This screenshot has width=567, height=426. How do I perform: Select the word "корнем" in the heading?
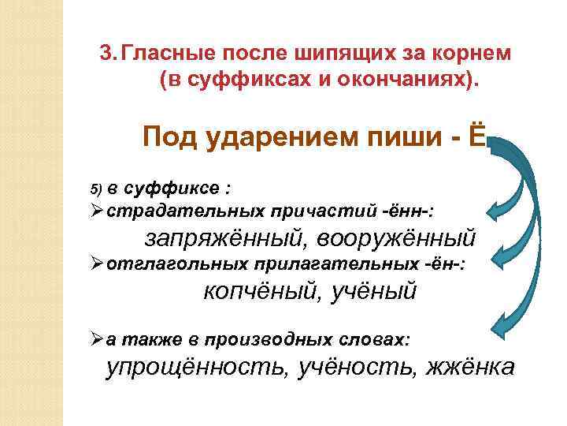[x=470, y=53]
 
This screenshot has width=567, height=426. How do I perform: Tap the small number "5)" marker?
[x=96, y=189]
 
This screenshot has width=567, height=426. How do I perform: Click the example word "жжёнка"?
[x=471, y=367]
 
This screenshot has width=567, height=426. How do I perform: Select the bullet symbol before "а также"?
[x=97, y=340]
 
